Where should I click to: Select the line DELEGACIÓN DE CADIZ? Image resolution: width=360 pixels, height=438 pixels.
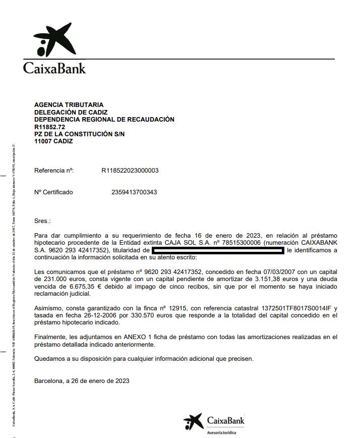71,112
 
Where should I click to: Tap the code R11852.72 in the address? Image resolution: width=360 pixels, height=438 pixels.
50,127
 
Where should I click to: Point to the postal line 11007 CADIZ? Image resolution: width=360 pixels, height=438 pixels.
53,141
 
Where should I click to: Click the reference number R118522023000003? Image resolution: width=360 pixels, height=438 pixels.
130,171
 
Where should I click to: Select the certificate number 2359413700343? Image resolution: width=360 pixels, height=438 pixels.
134,192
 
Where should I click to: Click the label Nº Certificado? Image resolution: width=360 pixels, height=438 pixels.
53,192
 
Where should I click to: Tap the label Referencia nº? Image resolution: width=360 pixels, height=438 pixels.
54,171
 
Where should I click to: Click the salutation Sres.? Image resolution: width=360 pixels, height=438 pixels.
42,221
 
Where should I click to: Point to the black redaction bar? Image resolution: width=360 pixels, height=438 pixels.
218,250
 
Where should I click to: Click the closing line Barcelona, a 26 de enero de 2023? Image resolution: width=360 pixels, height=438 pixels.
82,381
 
